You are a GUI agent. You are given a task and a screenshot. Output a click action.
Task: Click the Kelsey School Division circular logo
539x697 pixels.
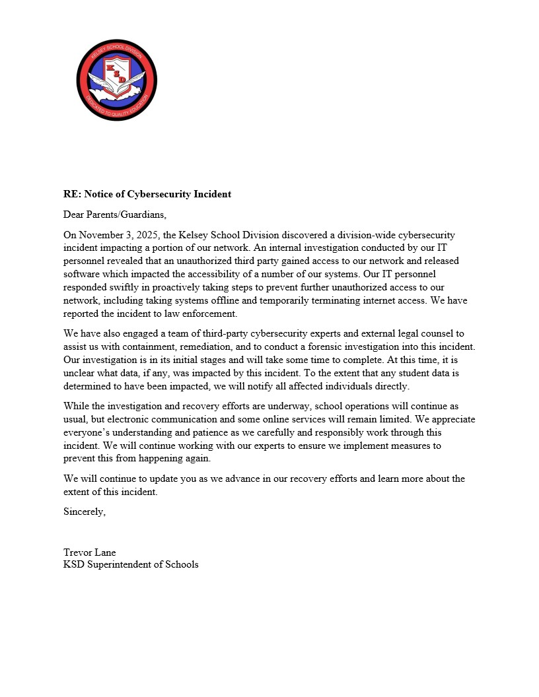(116, 79)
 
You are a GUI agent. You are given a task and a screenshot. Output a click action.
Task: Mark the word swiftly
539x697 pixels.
(126, 287)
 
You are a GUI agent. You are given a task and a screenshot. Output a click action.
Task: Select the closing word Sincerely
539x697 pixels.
(84, 512)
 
